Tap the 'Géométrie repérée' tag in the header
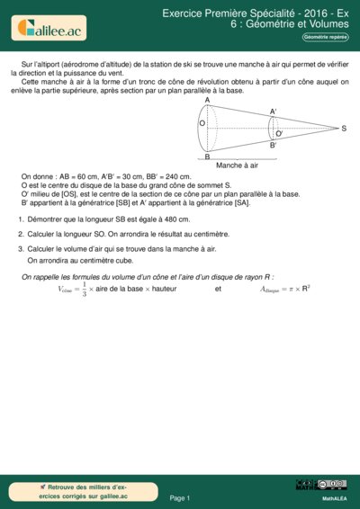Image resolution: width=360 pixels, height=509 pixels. [326, 37]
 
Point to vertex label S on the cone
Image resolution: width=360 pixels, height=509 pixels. [344, 129]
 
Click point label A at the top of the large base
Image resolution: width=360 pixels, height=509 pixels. [207, 100]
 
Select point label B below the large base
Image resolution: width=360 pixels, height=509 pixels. [207, 157]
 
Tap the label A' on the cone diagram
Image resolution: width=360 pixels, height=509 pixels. [273, 112]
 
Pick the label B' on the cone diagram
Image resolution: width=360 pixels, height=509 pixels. [273, 145]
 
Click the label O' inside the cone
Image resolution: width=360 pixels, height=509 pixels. [279, 133]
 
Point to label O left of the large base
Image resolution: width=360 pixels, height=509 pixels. [202, 122]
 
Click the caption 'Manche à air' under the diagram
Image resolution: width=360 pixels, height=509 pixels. [238, 166]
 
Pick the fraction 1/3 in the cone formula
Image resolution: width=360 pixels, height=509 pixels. [84, 289]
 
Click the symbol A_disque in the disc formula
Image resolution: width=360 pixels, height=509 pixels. [272, 290]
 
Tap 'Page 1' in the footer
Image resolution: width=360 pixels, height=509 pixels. [180, 497]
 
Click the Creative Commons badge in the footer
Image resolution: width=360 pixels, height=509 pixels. [320, 486]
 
